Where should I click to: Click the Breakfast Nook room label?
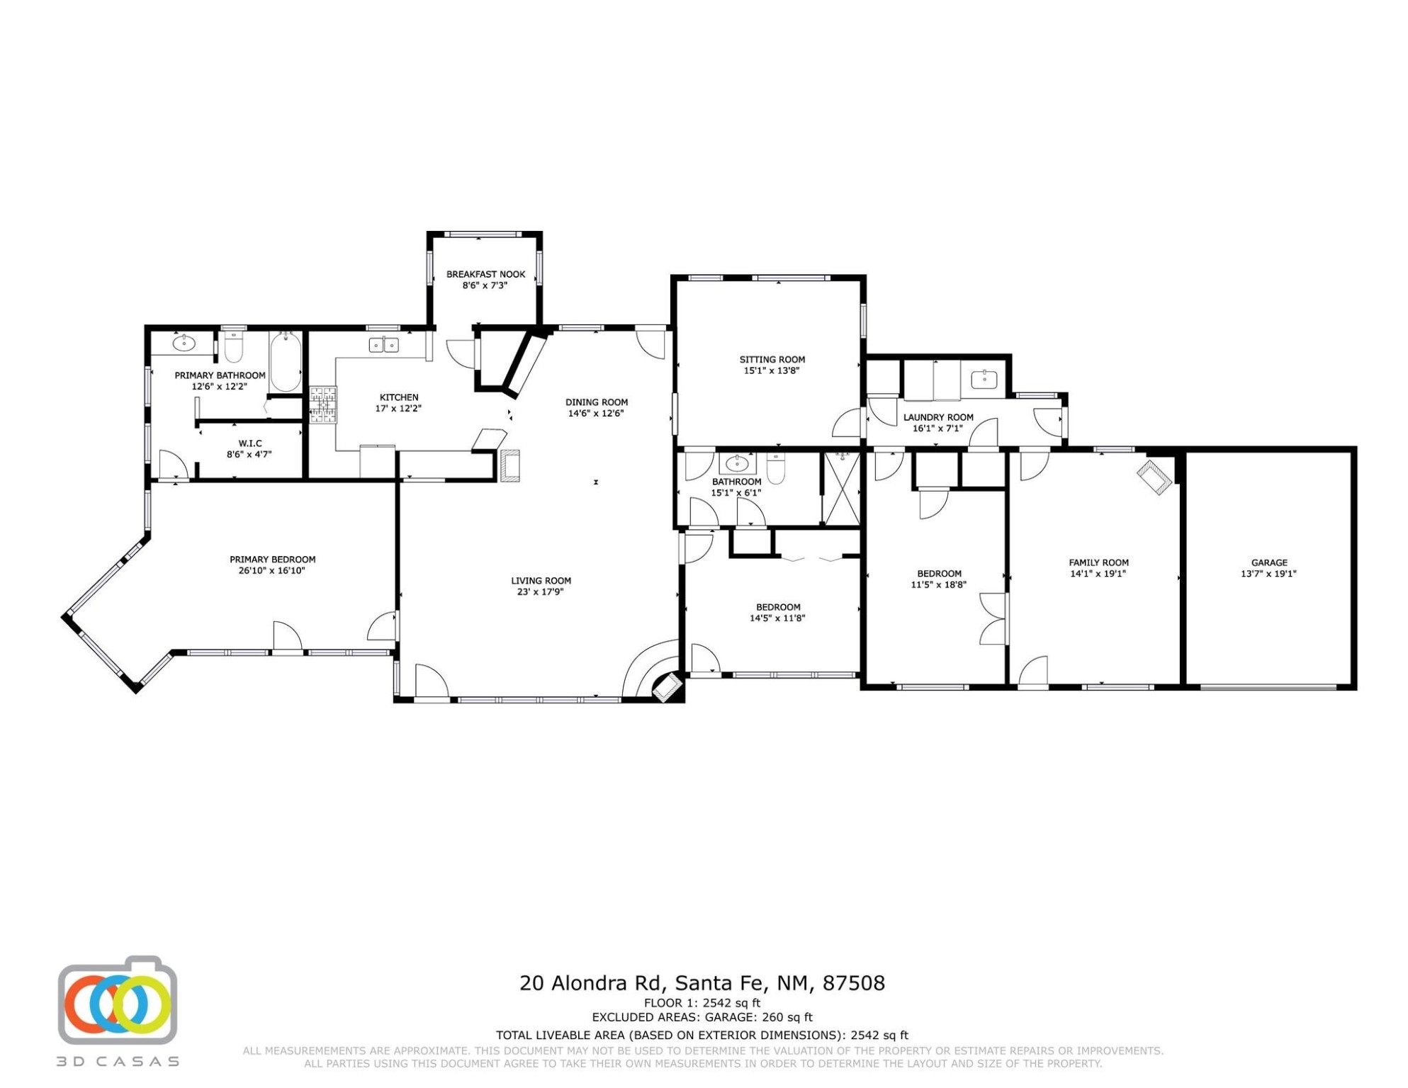pyautogui.click(x=486, y=274)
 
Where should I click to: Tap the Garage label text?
pyautogui.click(x=1269, y=563)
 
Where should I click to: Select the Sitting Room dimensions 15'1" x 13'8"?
pyautogui.click(x=772, y=370)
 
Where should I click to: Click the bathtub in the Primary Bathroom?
pyautogui.click(x=286, y=362)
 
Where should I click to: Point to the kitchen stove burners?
pyautogui.click(x=323, y=405)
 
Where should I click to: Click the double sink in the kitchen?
pyautogui.click(x=384, y=345)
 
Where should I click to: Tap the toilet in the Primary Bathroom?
pyautogui.click(x=233, y=346)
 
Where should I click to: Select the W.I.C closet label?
pyautogui.click(x=250, y=443)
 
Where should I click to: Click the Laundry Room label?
pyautogui.click(x=938, y=417)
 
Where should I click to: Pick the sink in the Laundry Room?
pyautogui.click(x=984, y=380)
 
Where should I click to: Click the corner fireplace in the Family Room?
pyautogui.click(x=1155, y=477)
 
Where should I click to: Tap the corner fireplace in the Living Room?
pyautogui.click(x=666, y=687)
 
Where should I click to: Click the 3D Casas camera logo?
pyautogui.click(x=118, y=1000)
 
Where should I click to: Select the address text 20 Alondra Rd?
pyautogui.click(x=591, y=983)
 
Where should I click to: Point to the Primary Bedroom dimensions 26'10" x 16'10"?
pyautogui.click(x=272, y=570)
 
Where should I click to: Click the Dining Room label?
pyautogui.click(x=597, y=402)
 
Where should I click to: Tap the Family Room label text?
pyautogui.click(x=1099, y=563)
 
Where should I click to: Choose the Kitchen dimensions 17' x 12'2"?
pyautogui.click(x=399, y=409)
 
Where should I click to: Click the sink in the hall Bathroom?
pyautogui.click(x=738, y=464)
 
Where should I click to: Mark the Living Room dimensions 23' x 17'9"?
pyautogui.click(x=541, y=592)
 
